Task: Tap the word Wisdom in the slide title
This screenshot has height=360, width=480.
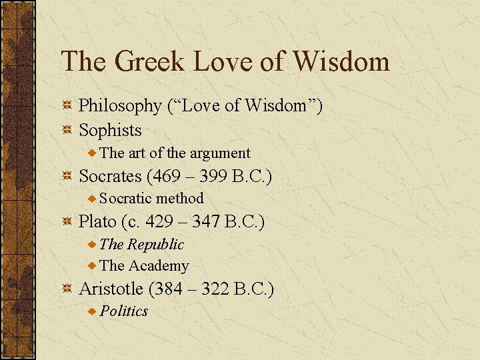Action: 340,62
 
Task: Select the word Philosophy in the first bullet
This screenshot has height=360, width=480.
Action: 120,107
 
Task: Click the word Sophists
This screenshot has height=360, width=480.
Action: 110,129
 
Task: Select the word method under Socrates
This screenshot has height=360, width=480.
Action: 180,199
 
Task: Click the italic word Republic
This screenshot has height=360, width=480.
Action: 155,245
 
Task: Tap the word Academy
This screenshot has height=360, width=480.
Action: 158,266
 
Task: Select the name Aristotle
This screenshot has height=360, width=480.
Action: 111,289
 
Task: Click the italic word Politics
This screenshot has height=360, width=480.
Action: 124,311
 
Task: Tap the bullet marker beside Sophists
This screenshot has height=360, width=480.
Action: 67,130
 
